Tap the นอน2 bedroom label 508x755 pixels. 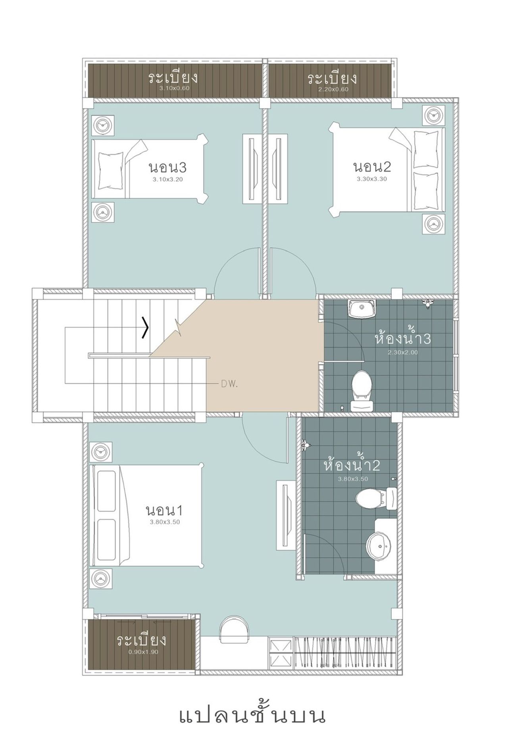pos(372,166)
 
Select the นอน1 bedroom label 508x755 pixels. pos(164,510)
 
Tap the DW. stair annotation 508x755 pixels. pos(229,384)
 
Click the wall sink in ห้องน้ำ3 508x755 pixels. pos(362,309)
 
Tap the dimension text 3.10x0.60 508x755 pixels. pos(174,88)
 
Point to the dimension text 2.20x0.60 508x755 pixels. pos(333,89)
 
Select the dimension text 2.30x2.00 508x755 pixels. pos(402,352)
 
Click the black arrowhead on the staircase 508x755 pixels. pos(146,328)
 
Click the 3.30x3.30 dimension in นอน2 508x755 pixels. pos(372,179)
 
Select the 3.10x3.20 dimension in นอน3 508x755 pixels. pos(167,179)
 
